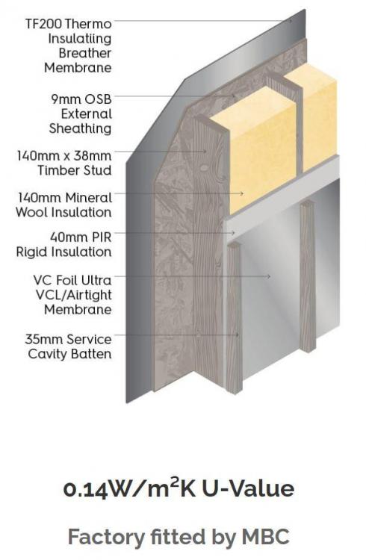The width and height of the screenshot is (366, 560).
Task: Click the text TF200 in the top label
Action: pos(44,24)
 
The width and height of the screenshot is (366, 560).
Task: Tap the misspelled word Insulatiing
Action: pos(80,39)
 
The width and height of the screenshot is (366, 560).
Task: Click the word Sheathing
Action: pos(80,128)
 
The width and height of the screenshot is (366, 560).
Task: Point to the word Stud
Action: pos(96,170)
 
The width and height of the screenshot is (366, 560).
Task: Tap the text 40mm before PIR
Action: pos(66,237)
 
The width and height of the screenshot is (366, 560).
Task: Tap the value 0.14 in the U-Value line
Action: pos(85,490)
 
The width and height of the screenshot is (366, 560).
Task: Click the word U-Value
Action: pos(249,488)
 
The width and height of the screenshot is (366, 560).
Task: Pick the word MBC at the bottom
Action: pos(266,537)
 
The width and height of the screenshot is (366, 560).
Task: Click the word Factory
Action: pos(106,538)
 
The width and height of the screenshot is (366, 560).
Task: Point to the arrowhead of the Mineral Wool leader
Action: pos(242,193)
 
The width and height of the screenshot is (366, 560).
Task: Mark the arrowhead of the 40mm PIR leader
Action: pos(233,233)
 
